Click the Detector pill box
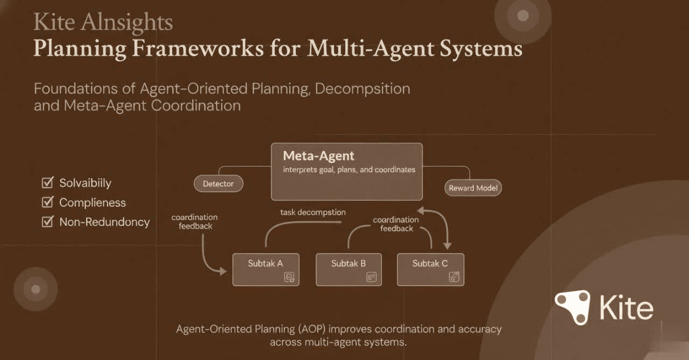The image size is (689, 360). (x=218, y=183)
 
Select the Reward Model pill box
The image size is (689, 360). (x=473, y=188)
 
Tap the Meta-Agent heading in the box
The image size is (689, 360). (x=319, y=156)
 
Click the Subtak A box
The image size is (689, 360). (x=265, y=269)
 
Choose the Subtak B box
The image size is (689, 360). (x=348, y=269)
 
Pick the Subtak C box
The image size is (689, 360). (x=430, y=269)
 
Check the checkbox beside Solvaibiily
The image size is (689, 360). (x=47, y=183)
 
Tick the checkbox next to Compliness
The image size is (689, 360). (x=47, y=202)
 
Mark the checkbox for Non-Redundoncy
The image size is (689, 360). (x=47, y=221)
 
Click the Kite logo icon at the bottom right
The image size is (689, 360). (x=573, y=307)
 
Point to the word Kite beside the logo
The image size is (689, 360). (x=626, y=308)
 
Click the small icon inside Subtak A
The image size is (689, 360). (x=290, y=277)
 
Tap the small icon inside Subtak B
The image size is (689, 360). (x=371, y=277)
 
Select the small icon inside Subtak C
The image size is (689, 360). (x=454, y=277)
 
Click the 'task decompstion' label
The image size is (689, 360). (x=313, y=212)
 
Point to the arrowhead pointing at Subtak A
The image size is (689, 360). (x=223, y=272)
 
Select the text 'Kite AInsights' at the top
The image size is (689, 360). (x=103, y=23)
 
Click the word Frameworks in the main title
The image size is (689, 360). (x=198, y=49)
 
